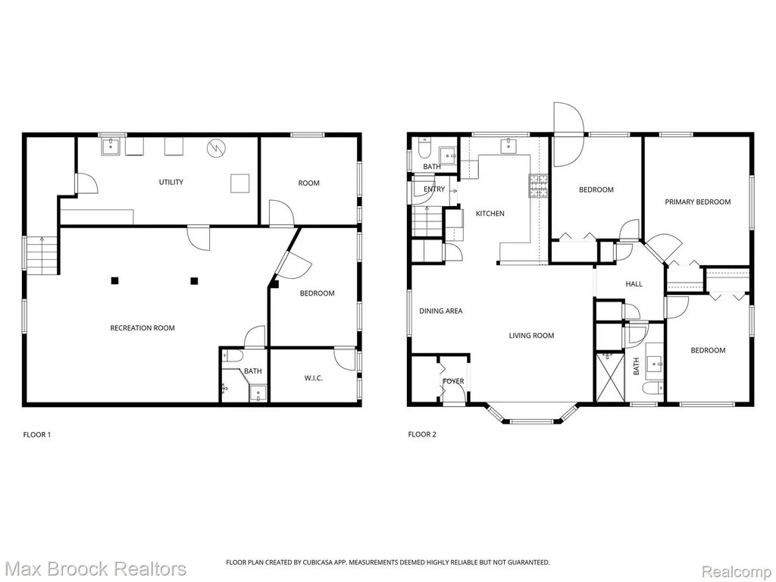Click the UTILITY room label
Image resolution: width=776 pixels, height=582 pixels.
pos(171,182)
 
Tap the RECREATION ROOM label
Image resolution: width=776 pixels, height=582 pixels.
pos(142,327)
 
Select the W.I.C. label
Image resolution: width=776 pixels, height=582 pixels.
pos(313,378)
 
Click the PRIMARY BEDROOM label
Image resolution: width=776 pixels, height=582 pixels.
pos(698,202)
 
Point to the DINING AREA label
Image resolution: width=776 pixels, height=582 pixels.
pos(441,311)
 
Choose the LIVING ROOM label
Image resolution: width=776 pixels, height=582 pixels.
pos(531,336)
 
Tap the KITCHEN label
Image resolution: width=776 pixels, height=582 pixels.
pos(490,213)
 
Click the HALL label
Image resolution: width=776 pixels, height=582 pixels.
pos(634,284)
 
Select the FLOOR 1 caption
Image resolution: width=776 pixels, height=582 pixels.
pos(37,435)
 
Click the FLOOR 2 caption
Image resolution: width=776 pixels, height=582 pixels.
pos(422,434)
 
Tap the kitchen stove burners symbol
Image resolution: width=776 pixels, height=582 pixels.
pos(539,186)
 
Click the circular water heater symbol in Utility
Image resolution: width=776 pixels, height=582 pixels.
pos(216,148)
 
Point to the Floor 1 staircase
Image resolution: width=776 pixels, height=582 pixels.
pos(42,255)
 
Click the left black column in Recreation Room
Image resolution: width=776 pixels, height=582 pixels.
pos(115,280)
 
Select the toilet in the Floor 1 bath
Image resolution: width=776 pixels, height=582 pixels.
pos(232,355)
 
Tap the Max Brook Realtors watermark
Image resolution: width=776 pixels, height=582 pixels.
pos(94,568)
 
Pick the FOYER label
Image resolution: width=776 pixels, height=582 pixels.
pos(453,381)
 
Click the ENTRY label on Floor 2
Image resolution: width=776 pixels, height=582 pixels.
pos(434,189)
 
